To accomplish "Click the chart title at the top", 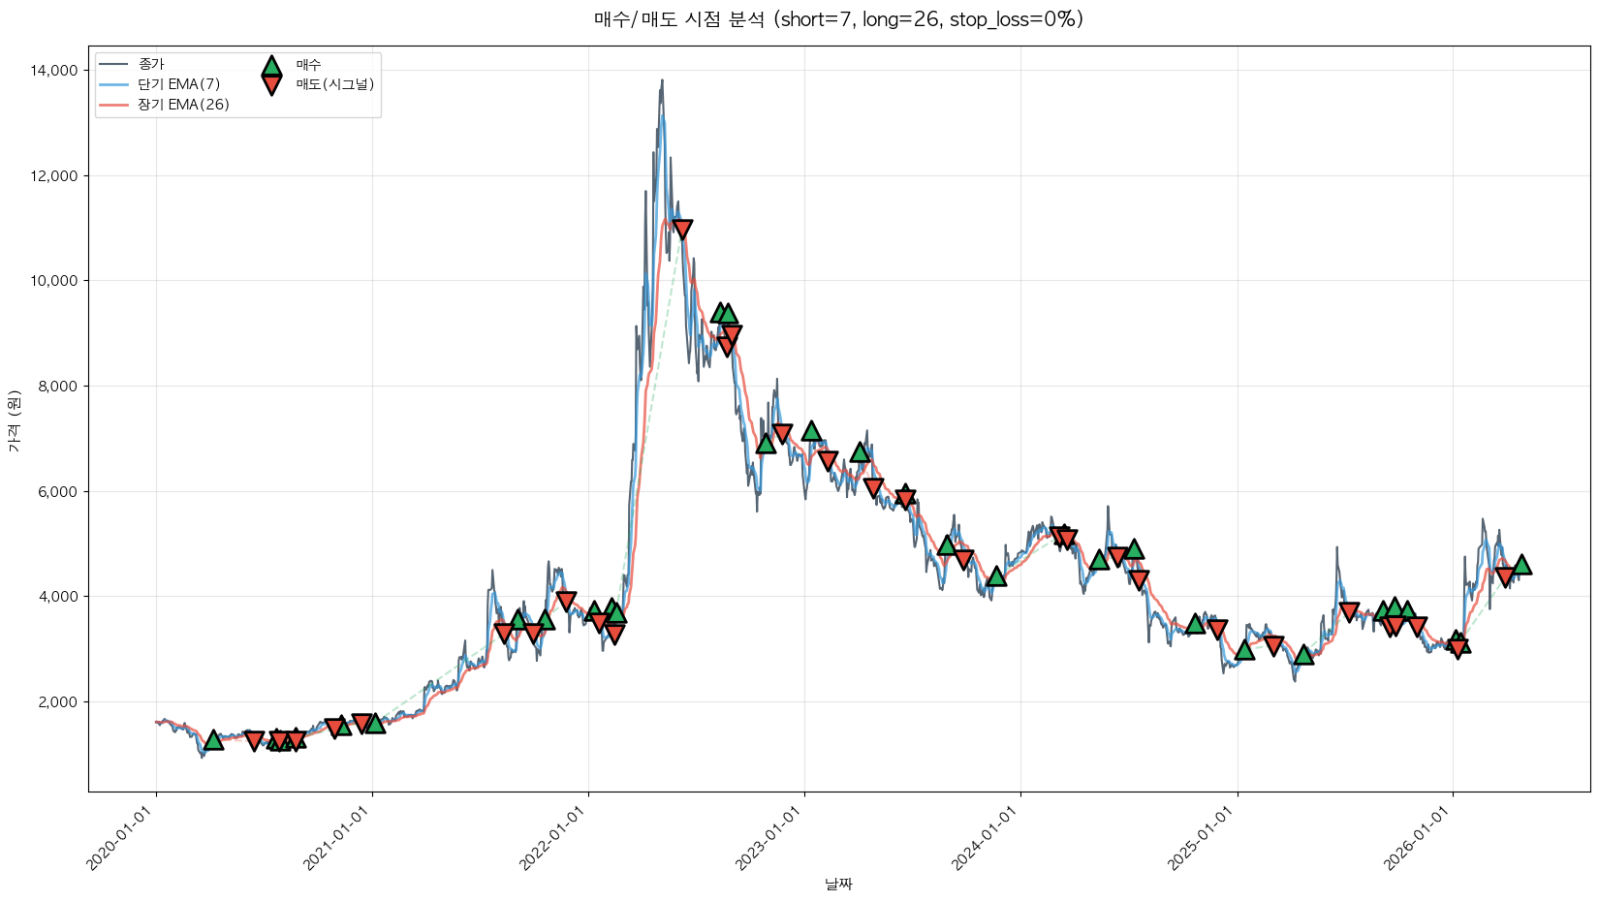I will (x=838, y=19).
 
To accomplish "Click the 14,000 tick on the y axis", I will (x=56, y=71).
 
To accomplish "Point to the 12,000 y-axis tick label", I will (x=56, y=176).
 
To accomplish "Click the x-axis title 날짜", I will (x=838, y=884).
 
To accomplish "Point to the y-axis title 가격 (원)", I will (x=14, y=420).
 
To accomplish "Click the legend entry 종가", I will (x=151, y=64).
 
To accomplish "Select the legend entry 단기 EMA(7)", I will (x=178, y=84).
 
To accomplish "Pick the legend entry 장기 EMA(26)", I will (x=183, y=105).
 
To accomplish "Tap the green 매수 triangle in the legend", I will (x=271, y=66).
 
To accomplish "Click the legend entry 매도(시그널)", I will (x=334, y=84).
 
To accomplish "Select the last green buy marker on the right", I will (x=1521, y=565).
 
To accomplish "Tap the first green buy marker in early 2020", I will (x=213, y=740).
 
